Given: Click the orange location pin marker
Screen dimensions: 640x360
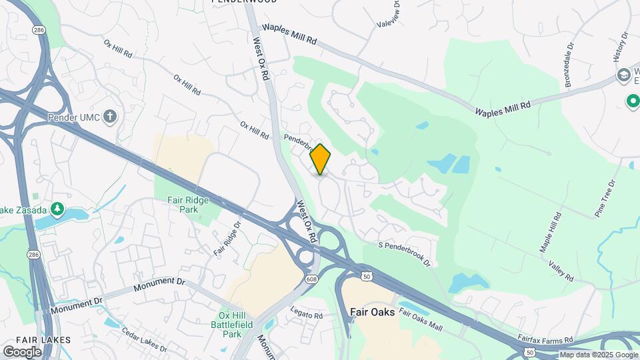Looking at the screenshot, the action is (321, 159).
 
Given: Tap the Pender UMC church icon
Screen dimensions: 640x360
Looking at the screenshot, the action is (111, 117).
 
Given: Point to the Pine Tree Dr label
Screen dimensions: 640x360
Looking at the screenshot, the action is (607, 198).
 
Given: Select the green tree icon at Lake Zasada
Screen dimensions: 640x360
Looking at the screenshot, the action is (58, 209).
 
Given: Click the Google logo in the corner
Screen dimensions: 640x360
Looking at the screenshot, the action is (22, 351).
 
